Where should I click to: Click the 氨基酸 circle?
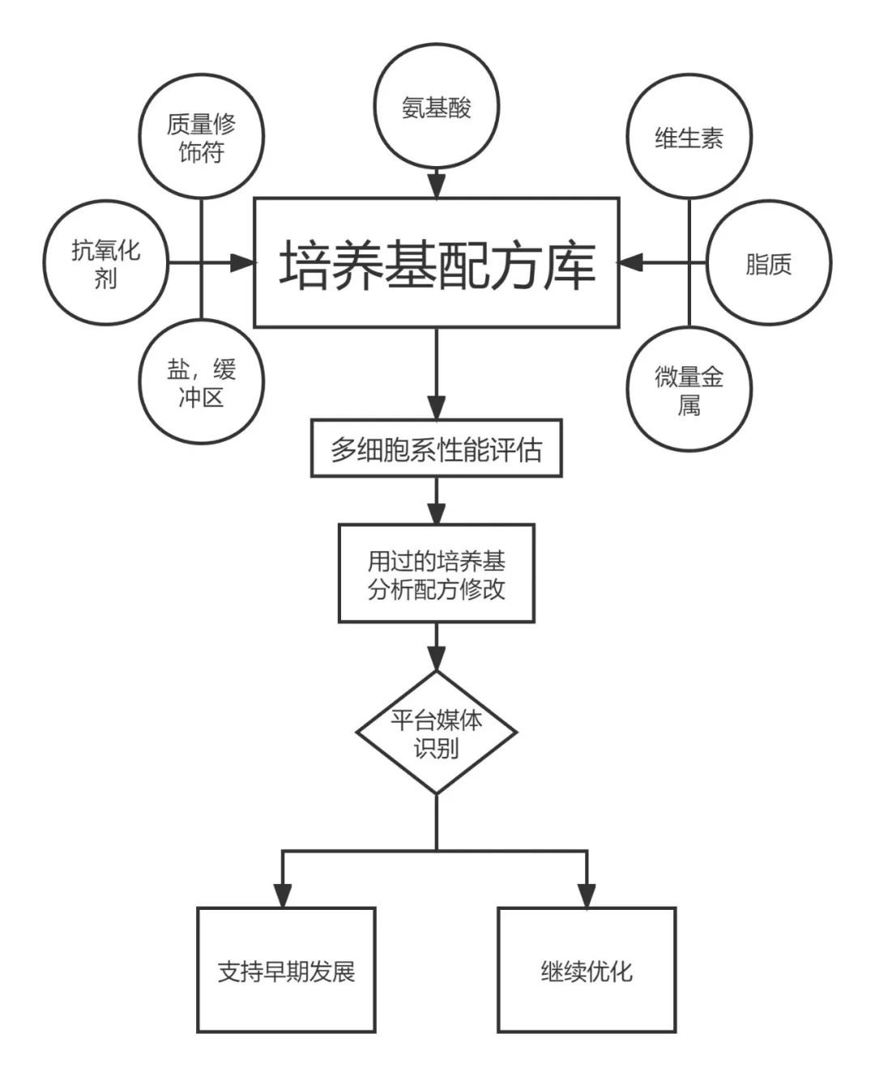(x=437, y=108)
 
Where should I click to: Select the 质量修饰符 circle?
(x=201, y=137)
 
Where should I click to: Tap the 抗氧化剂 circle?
(x=105, y=263)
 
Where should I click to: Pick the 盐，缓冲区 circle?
(x=201, y=382)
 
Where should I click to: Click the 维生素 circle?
(x=689, y=137)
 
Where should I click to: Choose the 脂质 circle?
(x=768, y=263)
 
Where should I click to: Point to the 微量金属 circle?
(x=689, y=389)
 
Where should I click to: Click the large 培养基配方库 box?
(x=437, y=263)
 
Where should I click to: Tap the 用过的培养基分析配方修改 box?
(x=437, y=573)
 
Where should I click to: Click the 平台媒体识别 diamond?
(x=437, y=732)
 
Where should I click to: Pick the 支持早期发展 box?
(x=286, y=970)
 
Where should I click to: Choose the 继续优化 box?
(x=587, y=970)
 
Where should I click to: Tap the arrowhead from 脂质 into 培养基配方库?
(x=631, y=263)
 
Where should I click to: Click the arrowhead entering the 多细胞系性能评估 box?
(x=437, y=408)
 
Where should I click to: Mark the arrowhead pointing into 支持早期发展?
(x=282, y=895)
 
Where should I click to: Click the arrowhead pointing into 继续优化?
(x=587, y=895)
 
